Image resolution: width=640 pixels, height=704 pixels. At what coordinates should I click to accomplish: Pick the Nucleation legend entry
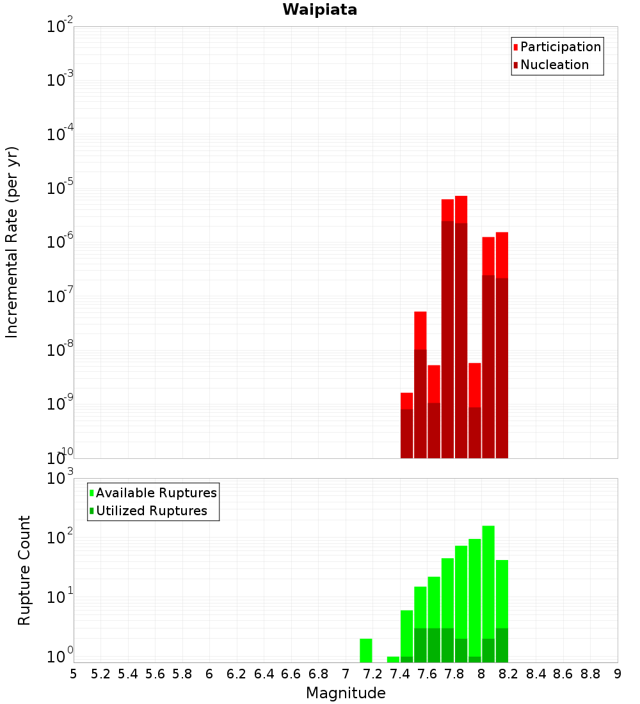[554, 65]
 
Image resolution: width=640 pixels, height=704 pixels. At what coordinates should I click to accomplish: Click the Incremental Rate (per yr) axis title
[12, 242]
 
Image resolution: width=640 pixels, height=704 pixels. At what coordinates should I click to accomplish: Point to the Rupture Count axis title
[24, 570]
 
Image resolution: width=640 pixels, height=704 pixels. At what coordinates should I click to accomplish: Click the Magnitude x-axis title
[346, 693]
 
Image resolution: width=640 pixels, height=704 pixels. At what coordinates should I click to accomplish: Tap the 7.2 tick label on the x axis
[372, 674]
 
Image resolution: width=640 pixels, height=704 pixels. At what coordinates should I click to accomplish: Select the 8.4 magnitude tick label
[536, 674]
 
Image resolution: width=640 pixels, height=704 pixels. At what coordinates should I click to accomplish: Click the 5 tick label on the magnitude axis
[74, 674]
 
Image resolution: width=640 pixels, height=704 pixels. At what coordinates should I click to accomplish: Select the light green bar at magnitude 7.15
[366, 650]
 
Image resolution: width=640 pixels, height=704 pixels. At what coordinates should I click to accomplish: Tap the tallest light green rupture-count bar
[488, 592]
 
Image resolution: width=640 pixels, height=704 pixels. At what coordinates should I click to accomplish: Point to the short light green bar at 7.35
[393, 659]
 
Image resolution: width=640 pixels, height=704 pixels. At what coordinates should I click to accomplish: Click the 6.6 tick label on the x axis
[291, 674]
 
